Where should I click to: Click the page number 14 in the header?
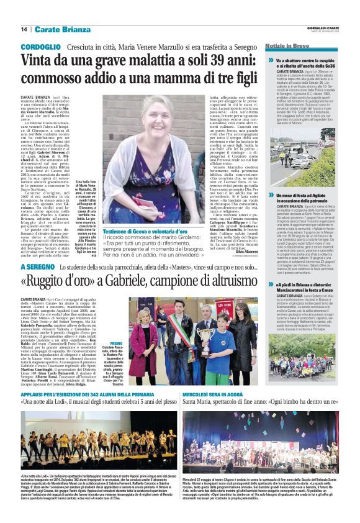(24, 29)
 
